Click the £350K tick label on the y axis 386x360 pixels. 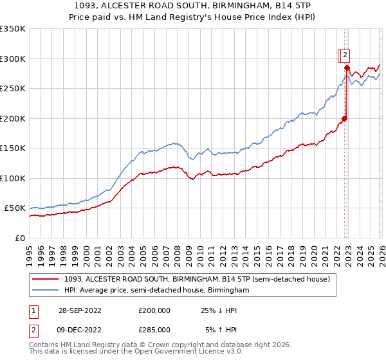tap(13, 29)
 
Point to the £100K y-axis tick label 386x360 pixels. tap(13, 178)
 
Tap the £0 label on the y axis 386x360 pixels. tap(19, 238)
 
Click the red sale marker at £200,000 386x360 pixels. tap(344, 118)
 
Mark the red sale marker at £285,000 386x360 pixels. tap(347, 67)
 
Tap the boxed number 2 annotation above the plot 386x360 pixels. tap(345, 55)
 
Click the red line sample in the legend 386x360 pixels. tap(46, 279)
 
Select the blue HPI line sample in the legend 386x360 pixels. tap(46, 291)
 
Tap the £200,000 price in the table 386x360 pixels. tap(154, 310)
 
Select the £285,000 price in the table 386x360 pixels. tap(154, 330)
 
